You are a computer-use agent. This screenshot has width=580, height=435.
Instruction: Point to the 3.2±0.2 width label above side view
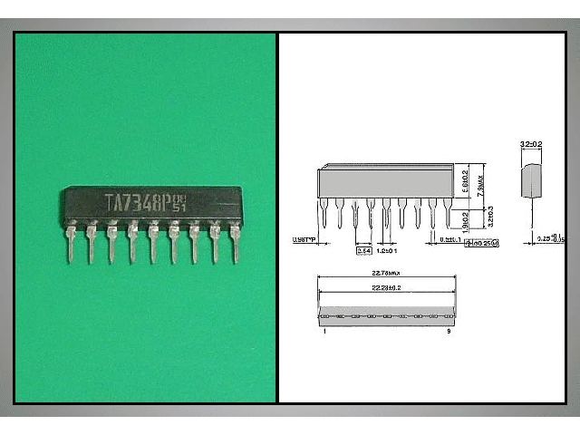point(532,143)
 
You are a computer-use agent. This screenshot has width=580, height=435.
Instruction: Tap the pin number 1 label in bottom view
point(323,332)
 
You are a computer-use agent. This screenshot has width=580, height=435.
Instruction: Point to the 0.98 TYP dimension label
point(306,240)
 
